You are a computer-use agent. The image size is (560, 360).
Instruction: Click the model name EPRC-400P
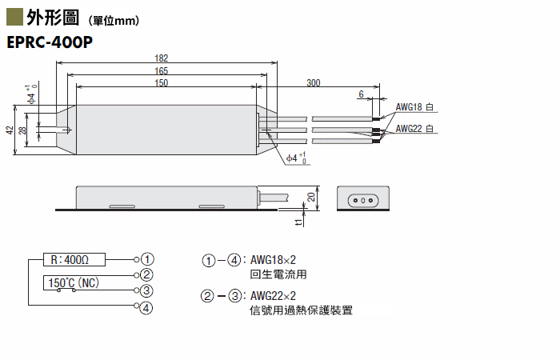[x=50, y=42]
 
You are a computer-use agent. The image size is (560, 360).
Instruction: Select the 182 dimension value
[x=161, y=58]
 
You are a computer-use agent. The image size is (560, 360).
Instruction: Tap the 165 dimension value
[x=161, y=70]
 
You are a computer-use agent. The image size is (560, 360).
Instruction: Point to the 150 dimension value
[x=161, y=83]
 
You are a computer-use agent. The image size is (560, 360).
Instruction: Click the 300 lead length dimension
[x=314, y=83]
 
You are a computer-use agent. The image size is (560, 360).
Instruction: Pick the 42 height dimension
[x=10, y=130]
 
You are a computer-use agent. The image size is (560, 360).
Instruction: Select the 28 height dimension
[x=22, y=130]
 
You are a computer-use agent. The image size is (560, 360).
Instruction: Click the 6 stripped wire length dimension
[x=361, y=94]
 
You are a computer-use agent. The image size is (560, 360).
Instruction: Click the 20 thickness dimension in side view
[x=311, y=197]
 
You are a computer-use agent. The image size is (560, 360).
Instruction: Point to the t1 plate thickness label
[x=298, y=222]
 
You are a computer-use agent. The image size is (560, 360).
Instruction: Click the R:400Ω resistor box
[x=74, y=260]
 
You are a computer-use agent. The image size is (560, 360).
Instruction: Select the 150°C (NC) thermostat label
[x=74, y=283]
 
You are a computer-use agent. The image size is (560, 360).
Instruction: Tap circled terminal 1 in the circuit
[x=147, y=259]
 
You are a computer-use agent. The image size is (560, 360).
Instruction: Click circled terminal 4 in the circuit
[x=146, y=307]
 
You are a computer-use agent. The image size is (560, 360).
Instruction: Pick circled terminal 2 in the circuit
[x=146, y=274]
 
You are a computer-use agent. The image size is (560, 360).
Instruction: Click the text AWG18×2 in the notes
[x=274, y=260]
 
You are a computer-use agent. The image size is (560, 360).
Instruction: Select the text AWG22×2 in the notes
[x=274, y=296]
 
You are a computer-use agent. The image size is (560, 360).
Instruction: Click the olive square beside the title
[x=14, y=17]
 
